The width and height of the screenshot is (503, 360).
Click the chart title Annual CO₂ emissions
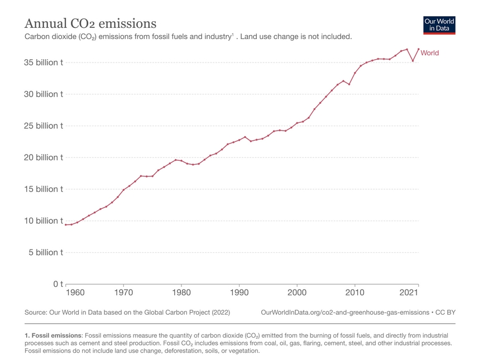pyautogui.click(x=90, y=23)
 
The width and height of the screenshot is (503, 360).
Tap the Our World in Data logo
pyautogui.click(x=439, y=25)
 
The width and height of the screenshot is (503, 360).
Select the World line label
pyautogui.click(x=429, y=53)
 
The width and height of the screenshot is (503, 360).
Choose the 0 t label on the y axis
pyautogui.click(x=57, y=284)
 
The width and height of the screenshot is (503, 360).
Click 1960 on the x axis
pyautogui.click(x=75, y=292)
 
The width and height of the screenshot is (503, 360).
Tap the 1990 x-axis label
pyautogui.click(x=239, y=292)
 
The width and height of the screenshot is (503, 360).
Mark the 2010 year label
pyautogui.click(x=355, y=292)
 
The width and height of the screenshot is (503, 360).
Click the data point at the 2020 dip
pyautogui.click(x=413, y=61)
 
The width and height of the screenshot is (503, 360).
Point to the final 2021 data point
pyautogui.click(x=418, y=49)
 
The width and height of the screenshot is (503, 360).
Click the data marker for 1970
pyautogui.click(x=123, y=190)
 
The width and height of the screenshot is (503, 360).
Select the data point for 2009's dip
pyautogui.click(x=349, y=84)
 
